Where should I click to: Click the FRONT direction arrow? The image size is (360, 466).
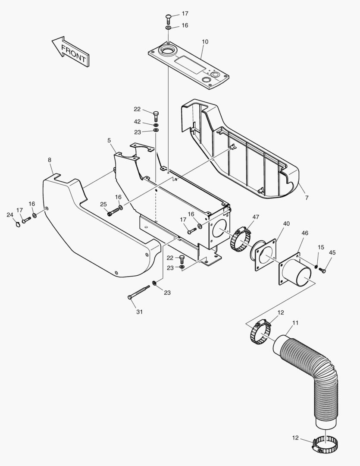(x=71, y=51)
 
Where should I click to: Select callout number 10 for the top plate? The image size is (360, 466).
(x=205, y=42)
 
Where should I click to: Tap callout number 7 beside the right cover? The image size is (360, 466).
(x=307, y=198)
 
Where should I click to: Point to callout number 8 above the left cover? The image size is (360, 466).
(x=50, y=160)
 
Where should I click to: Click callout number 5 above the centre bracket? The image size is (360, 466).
(x=109, y=140)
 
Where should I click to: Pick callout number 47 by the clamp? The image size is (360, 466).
(x=256, y=217)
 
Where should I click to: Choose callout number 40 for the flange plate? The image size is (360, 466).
(x=286, y=224)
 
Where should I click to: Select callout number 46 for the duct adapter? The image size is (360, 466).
(x=305, y=233)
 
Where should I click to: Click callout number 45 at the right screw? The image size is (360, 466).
(x=332, y=252)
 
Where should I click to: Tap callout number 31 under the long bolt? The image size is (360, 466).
(x=139, y=312)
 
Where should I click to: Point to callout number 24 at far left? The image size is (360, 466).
(x=10, y=214)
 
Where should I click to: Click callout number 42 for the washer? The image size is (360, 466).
(x=137, y=122)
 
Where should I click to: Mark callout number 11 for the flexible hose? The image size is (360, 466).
(x=295, y=323)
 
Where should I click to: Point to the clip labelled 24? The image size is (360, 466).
(x=17, y=224)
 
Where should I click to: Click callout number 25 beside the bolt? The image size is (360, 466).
(x=103, y=204)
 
